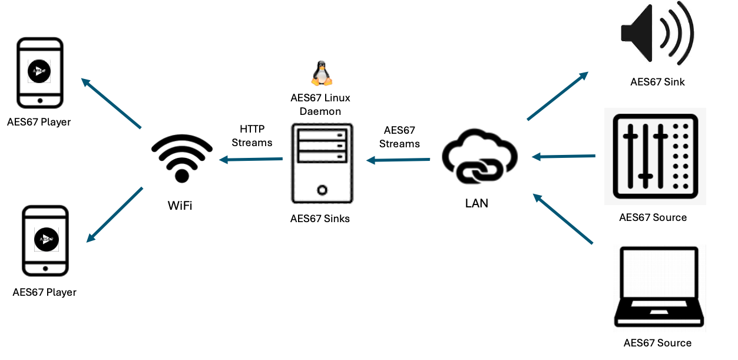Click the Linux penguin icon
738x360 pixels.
tap(321, 74)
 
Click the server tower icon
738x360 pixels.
tap(322, 163)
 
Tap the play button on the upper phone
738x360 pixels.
tap(39, 71)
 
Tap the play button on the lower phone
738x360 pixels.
tap(46, 239)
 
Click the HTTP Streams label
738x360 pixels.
tap(252, 136)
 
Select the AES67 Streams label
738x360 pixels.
tap(399, 137)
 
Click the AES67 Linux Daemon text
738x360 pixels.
tap(320, 104)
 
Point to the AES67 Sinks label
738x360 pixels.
tap(320, 219)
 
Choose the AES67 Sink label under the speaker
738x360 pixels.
tap(657, 82)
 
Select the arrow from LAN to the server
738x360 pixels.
tap(398, 159)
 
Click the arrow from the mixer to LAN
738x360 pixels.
tap(564, 157)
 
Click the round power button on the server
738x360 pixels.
tap(322, 190)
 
